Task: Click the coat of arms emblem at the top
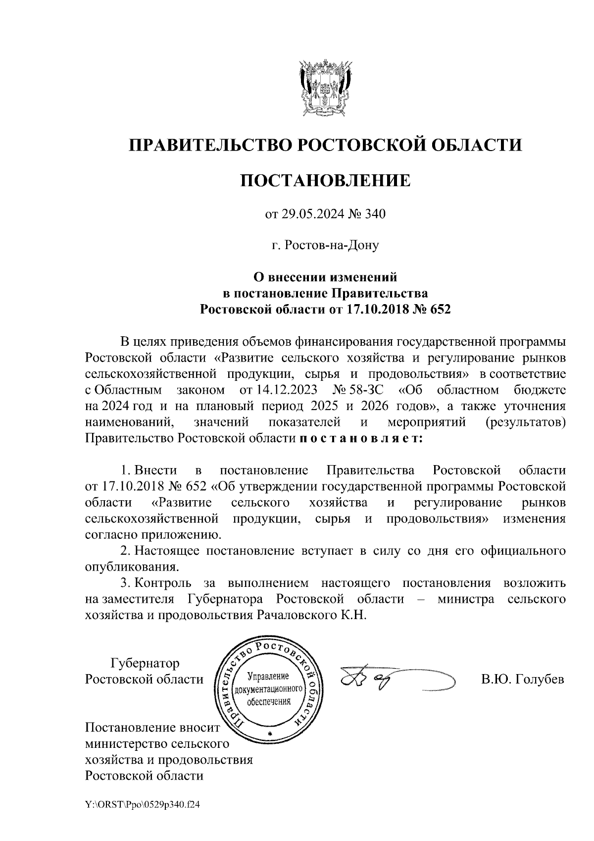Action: tap(325, 88)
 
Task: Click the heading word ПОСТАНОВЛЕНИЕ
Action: tap(325, 180)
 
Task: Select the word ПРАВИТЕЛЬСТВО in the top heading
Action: tap(210, 145)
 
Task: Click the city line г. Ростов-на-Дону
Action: tap(325, 245)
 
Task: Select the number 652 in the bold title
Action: tap(441, 310)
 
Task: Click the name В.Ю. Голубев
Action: tap(523, 679)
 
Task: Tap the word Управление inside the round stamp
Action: tap(268, 677)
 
